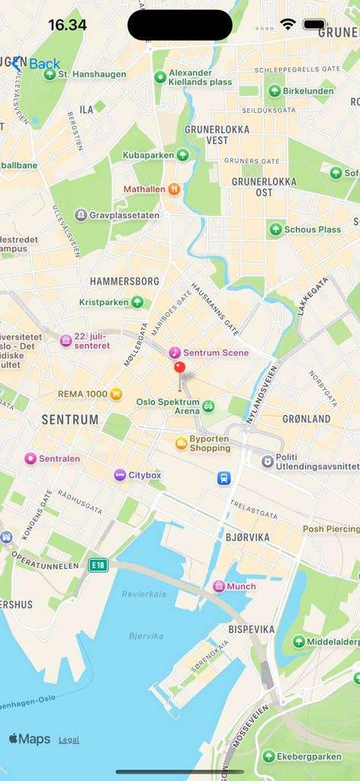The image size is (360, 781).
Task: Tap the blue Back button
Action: point(36,64)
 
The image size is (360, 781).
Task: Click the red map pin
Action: point(180,368)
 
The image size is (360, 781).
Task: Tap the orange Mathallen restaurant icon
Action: point(174,188)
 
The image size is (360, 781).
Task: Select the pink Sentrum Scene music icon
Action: point(175,352)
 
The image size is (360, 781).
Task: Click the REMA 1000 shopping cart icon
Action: point(116,394)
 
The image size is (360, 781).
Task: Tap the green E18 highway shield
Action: point(98,564)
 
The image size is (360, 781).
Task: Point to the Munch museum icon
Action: point(219,586)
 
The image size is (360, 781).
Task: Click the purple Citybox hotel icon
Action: point(120,474)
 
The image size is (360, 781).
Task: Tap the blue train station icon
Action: point(223,478)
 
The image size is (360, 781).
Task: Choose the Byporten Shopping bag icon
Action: point(181,443)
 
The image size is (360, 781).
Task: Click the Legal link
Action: point(69,740)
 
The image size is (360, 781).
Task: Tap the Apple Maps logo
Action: point(30,738)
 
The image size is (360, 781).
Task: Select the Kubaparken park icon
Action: point(182,155)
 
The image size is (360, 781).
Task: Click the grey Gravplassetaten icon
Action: point(81,215)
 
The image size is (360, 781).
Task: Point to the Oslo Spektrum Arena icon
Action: point(208,406)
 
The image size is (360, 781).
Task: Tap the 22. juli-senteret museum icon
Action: point(66,340)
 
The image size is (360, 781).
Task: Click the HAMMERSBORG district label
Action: point(124,281)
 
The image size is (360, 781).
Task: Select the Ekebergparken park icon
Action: point(268,756)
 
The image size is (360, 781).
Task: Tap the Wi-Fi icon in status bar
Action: point(288,24)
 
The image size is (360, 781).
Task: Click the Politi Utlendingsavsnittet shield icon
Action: point(268,461)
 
